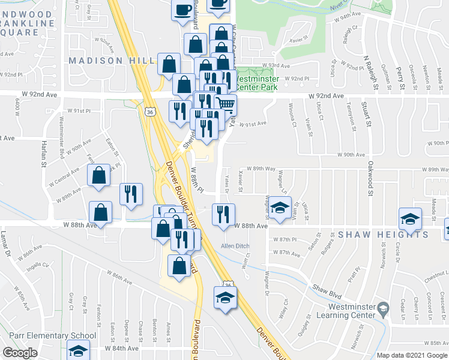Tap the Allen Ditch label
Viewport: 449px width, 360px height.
point(235,246)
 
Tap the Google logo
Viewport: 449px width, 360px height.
point(20,353)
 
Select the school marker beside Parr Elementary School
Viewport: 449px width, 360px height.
point(78,350)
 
